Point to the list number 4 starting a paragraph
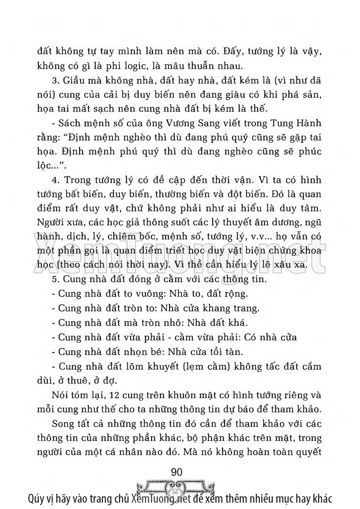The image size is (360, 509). (53, 181)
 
